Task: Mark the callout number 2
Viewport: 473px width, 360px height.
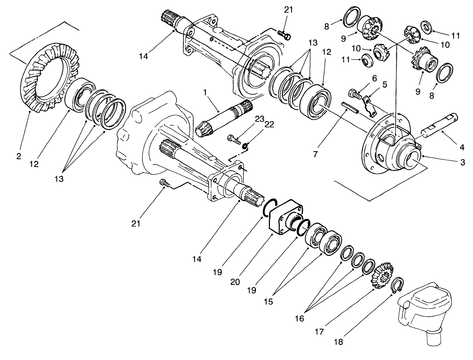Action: (19, 156)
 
